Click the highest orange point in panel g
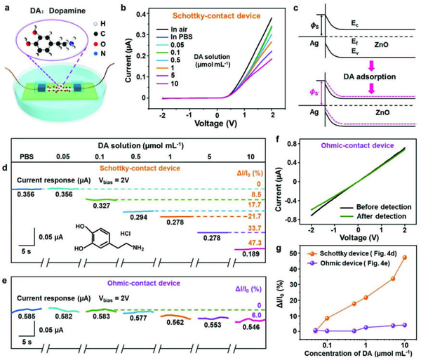tap(405, 258)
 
